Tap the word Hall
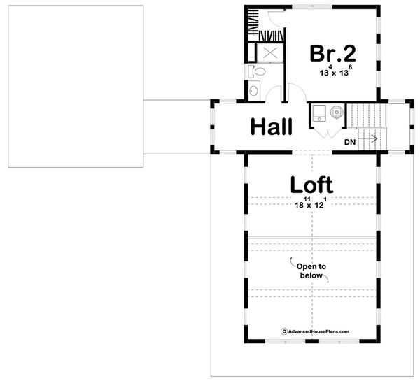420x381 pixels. pyautogui.click(x=271, y=127)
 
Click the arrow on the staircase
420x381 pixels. pyautogui.click(x=372, y=139)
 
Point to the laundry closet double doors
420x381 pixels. pyautogui.click(x=326, y=131)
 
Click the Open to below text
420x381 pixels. pyautogui.click(x=309, y=271)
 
